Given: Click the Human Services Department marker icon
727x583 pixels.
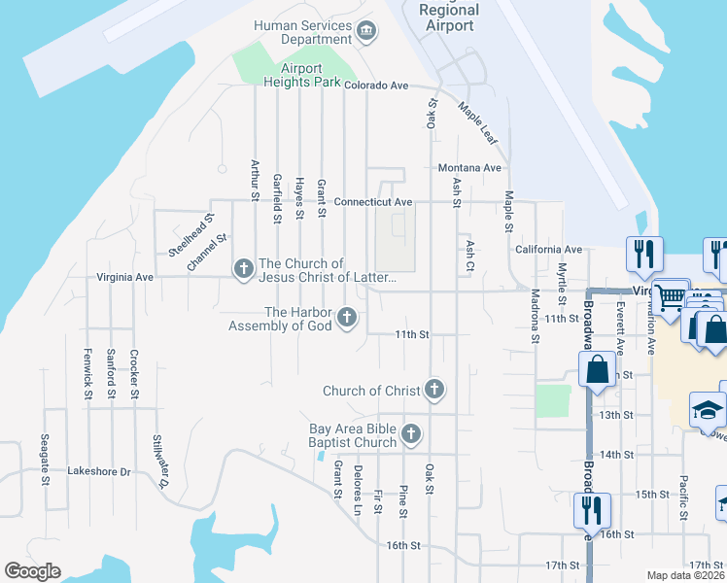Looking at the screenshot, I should [x=366, y=32].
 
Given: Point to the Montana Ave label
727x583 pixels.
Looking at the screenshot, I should [x=469, y=167].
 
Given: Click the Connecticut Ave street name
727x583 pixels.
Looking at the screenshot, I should [x=373, y=202].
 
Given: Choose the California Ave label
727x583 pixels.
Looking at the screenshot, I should [x=548, y=250].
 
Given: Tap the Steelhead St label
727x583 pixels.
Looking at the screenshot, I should [x=190, y=234].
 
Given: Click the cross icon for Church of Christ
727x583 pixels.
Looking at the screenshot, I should [x=434, y=391].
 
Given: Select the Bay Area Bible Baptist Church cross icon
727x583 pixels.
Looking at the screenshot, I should [x=411, y=434].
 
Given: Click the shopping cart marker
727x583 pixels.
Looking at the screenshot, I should [x=669, y=298].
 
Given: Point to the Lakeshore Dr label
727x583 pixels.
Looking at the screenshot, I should [x=98, y=471].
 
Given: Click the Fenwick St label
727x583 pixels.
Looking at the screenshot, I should [x=87, y=373].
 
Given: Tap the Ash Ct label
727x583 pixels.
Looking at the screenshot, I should [x=469, y=256].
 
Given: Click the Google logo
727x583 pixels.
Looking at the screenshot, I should [x=32, y=571].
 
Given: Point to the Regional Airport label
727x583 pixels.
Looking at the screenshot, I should [x=450, y=17].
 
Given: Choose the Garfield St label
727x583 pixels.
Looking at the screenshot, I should [x=277, y=198].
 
